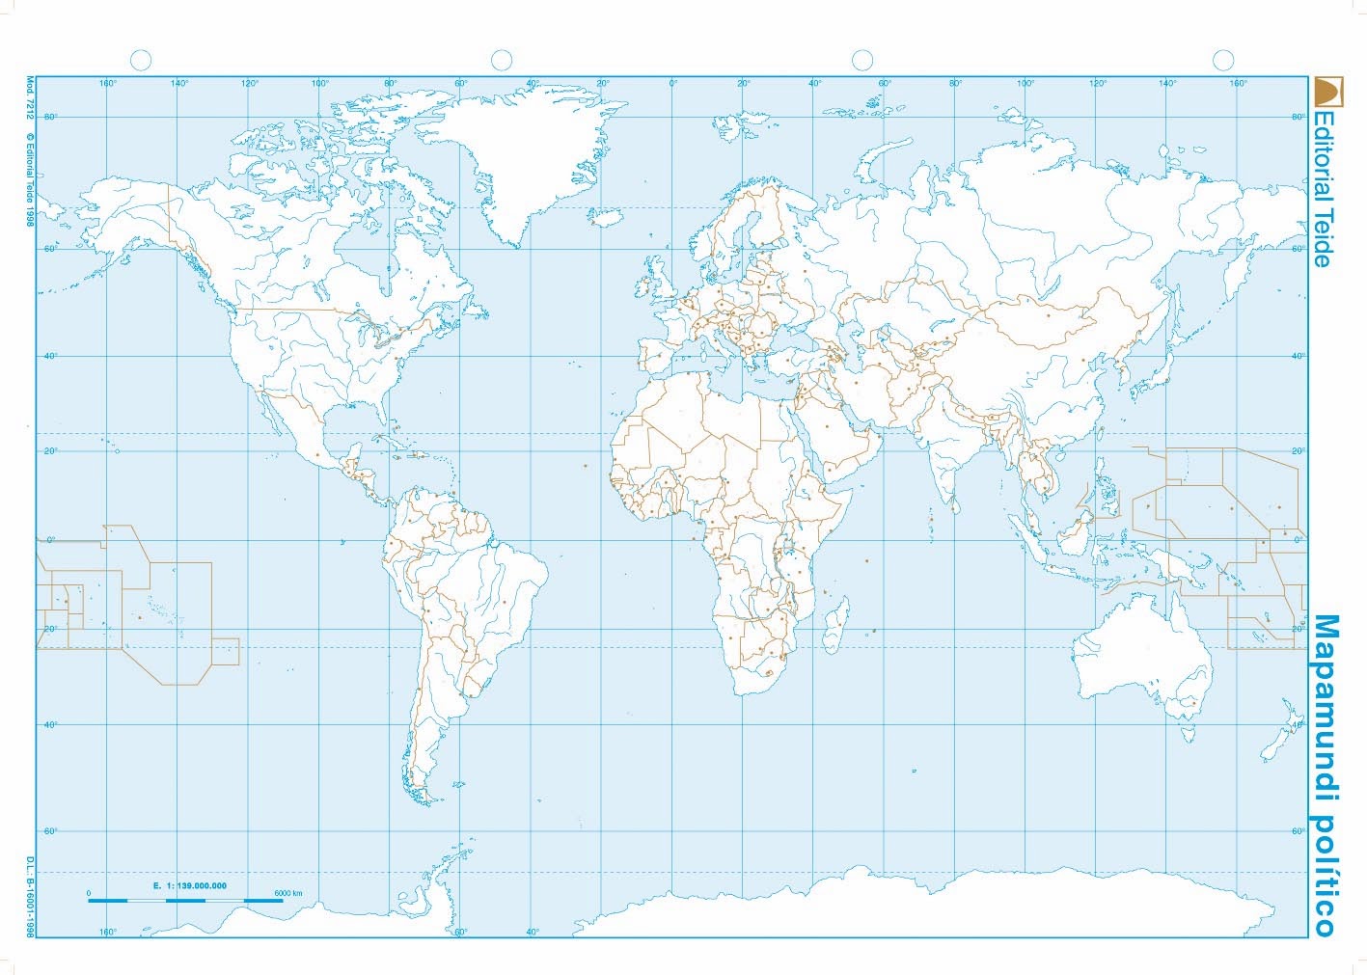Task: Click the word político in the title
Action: (x=1326, y=874)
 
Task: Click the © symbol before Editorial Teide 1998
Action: (x=30, y=137)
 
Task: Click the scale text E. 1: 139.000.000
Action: (x=189, y=885)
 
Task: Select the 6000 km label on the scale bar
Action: (x=287, y=894)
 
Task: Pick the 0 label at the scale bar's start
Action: (x=89, y=894)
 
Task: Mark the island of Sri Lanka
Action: (x=955, y=503)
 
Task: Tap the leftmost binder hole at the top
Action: (x=141, y=61)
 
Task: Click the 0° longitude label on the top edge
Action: (x=673, y=84)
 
